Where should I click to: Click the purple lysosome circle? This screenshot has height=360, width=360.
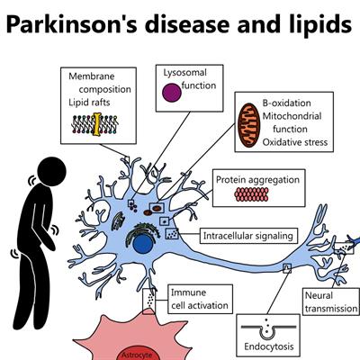click(172, 93)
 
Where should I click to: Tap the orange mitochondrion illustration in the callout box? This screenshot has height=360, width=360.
click(248, 125)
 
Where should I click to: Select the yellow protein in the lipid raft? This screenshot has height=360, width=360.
click(96, 124)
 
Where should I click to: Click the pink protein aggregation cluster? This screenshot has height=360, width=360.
click(251, 194)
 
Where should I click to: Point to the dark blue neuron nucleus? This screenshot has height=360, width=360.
click(143, 243)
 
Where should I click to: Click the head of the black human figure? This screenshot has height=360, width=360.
click(52, 172)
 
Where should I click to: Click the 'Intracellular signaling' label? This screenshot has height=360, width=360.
click(248, 236)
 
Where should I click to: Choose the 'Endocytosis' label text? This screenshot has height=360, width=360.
click(269, 346)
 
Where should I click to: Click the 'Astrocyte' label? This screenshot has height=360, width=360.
click(137, 355)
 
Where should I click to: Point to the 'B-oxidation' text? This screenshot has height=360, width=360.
click(287, 103)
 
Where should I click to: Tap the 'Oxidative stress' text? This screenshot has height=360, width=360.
click(295, 142)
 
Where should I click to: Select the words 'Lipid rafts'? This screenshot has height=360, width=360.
click(89, 103)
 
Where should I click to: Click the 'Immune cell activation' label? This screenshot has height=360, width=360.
click(200, 299)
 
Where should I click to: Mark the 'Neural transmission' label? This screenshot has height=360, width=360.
click(331, 302)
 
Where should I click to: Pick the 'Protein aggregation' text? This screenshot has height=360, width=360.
click(257, 180)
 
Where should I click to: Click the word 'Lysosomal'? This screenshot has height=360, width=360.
click(185, 73)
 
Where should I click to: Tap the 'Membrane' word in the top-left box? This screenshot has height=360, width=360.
click(92, 76)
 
